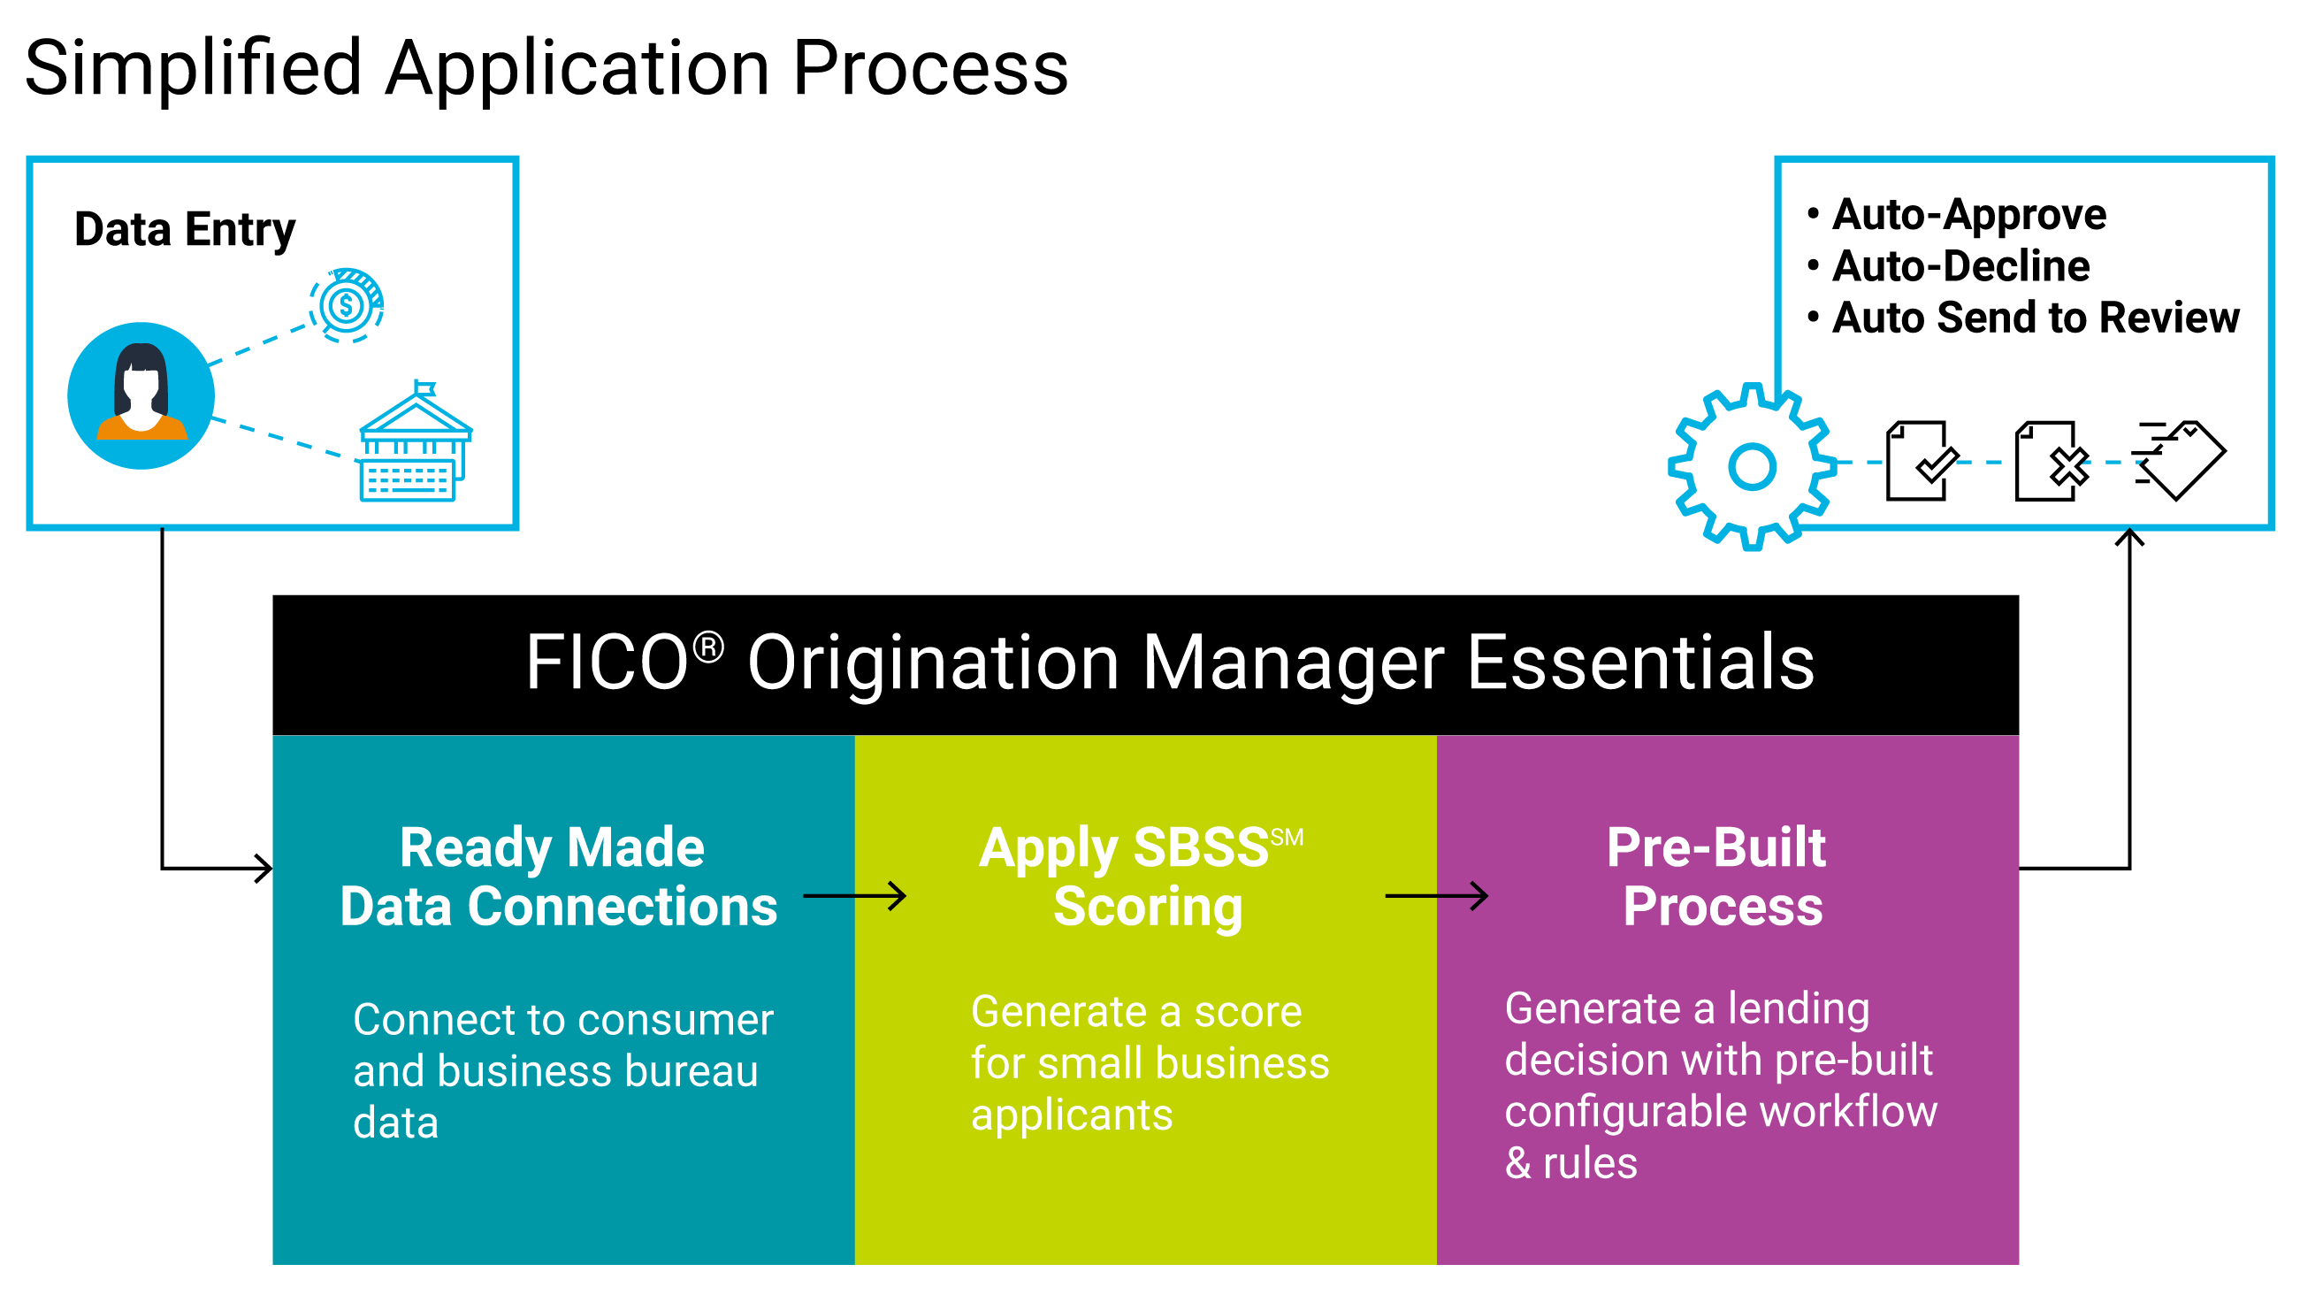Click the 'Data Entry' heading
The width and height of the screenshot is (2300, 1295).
(185, 230)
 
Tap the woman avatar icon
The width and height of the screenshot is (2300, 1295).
(141, 395)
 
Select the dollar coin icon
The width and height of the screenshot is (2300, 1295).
(347, 305)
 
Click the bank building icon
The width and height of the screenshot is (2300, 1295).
(416, 441)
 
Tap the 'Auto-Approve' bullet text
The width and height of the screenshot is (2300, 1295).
(1968, 215)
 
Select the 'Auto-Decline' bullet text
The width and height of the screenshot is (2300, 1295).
(1960, 266)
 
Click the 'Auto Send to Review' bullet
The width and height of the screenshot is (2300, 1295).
(2036, 318)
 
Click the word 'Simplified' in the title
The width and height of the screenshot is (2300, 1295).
(193, 69)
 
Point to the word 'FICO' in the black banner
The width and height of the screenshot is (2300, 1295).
(607, 663)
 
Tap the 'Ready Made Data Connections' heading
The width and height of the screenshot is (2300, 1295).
(559, 877)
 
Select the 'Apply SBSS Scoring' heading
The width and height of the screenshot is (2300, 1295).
(1141, 877)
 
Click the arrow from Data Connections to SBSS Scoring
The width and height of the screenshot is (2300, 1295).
(854, 896)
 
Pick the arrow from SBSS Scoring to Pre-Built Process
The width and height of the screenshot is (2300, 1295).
(1437, 896)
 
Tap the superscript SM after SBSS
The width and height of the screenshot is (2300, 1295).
(1287, 838)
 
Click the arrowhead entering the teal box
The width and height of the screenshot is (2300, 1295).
(264, 868)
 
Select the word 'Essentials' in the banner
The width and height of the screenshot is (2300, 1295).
(1640, 663)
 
